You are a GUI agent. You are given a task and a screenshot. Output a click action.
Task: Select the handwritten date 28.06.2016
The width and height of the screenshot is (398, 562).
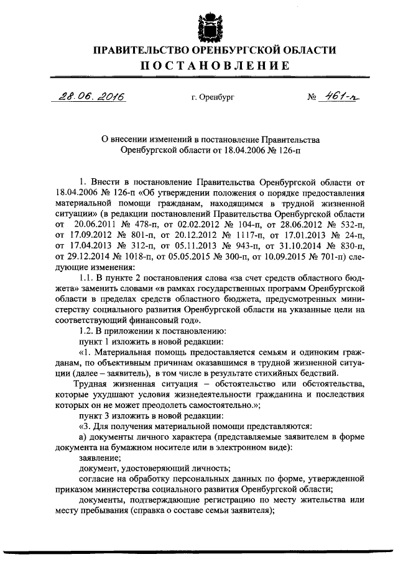click(90, 97)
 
